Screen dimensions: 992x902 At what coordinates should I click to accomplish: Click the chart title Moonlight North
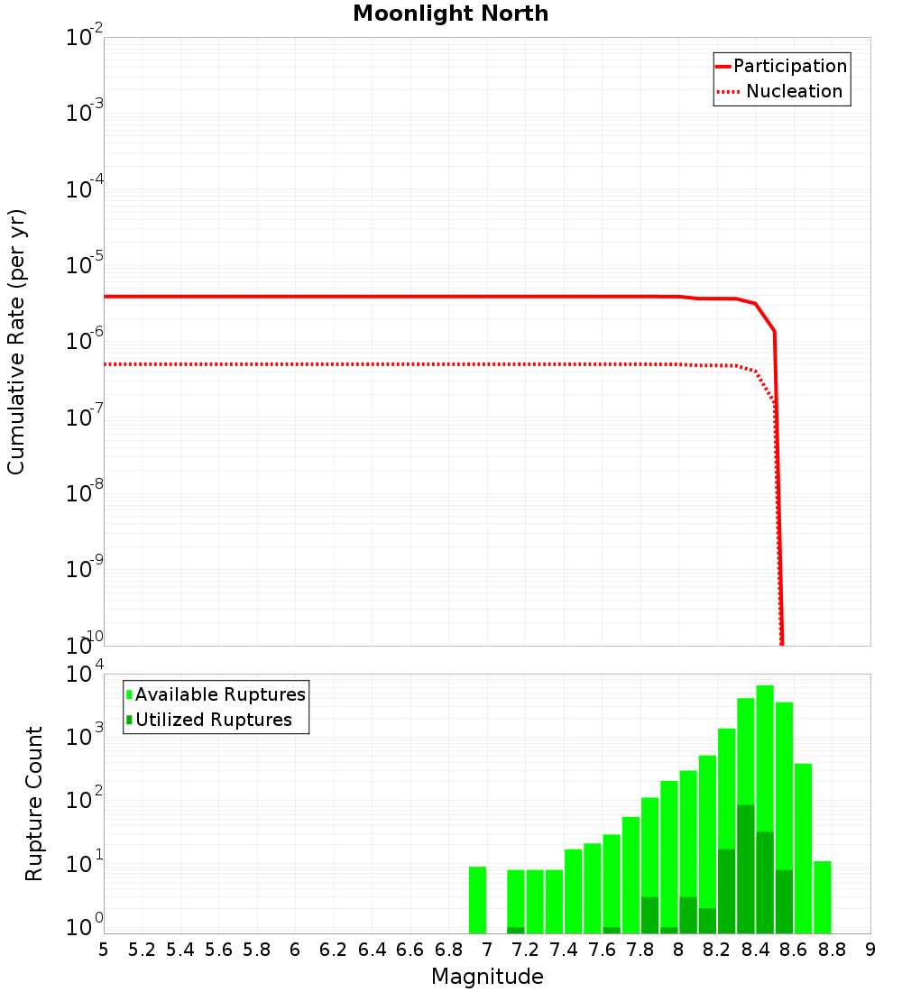(x=450, y=14)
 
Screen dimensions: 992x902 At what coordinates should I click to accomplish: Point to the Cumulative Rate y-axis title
(x=16, y=341)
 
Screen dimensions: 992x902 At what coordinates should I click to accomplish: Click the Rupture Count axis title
(x=34, y=804)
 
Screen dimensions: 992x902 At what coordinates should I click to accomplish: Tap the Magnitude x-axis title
(x=487, y=976)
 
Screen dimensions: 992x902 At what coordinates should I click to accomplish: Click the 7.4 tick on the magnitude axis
(x=564, y=950)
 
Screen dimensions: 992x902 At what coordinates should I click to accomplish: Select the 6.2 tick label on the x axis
(x=334, y=950)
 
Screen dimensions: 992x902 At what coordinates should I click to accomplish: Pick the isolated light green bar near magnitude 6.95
(x=477, y=900)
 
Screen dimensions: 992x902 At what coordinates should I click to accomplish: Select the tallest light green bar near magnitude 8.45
(x=765, y=809)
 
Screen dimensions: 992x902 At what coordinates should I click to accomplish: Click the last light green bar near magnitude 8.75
(x=822, y=897)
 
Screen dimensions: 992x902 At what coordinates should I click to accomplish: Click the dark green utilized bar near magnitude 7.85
(x=649, y=915)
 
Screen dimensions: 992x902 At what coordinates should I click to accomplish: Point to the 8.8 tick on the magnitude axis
(x=832, y=950)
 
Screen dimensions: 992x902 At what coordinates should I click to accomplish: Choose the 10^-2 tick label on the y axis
(x=85, y=38)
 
